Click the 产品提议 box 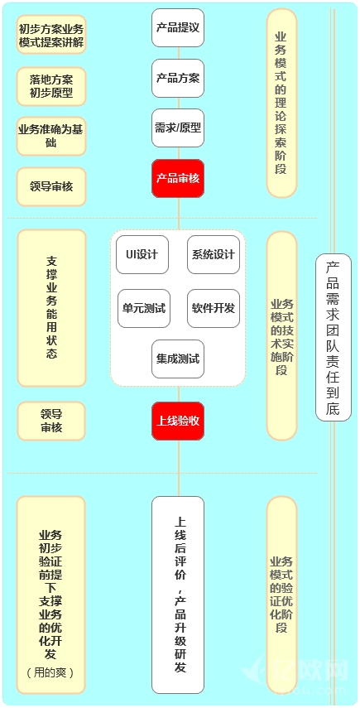178,27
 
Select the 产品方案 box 178,78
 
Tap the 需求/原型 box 178,128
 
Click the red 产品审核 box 178,178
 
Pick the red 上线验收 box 178,421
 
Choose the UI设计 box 142,254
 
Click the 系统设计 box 214,254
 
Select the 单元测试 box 144,308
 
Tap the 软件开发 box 214,308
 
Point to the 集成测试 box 178,359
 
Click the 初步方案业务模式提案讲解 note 51,34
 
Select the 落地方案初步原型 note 51,87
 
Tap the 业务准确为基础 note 51,137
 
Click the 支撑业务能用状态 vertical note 51,308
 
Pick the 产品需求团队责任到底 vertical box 334,337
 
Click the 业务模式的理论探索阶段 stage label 281,103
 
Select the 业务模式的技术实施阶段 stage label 281,336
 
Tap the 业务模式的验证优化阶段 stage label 281,595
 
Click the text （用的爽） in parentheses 50,672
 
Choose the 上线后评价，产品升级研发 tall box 178,595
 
